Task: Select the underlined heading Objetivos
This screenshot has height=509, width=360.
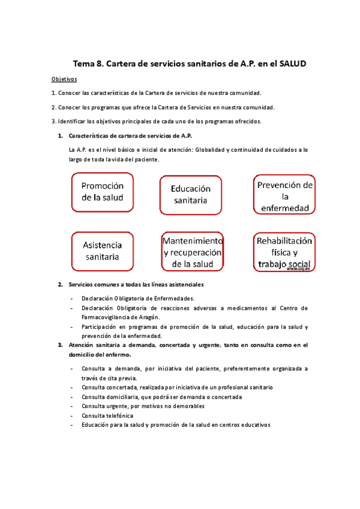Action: (x=64, y=79)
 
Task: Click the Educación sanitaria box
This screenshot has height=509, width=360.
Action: (x=190, y=194)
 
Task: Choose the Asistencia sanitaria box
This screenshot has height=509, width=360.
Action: (x=101, y=251)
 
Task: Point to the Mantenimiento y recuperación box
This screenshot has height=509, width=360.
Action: (x=193, y=251)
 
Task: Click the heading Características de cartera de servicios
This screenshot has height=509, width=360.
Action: (x=130, y=135)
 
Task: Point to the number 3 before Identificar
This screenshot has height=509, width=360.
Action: (x=53, y=121)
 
